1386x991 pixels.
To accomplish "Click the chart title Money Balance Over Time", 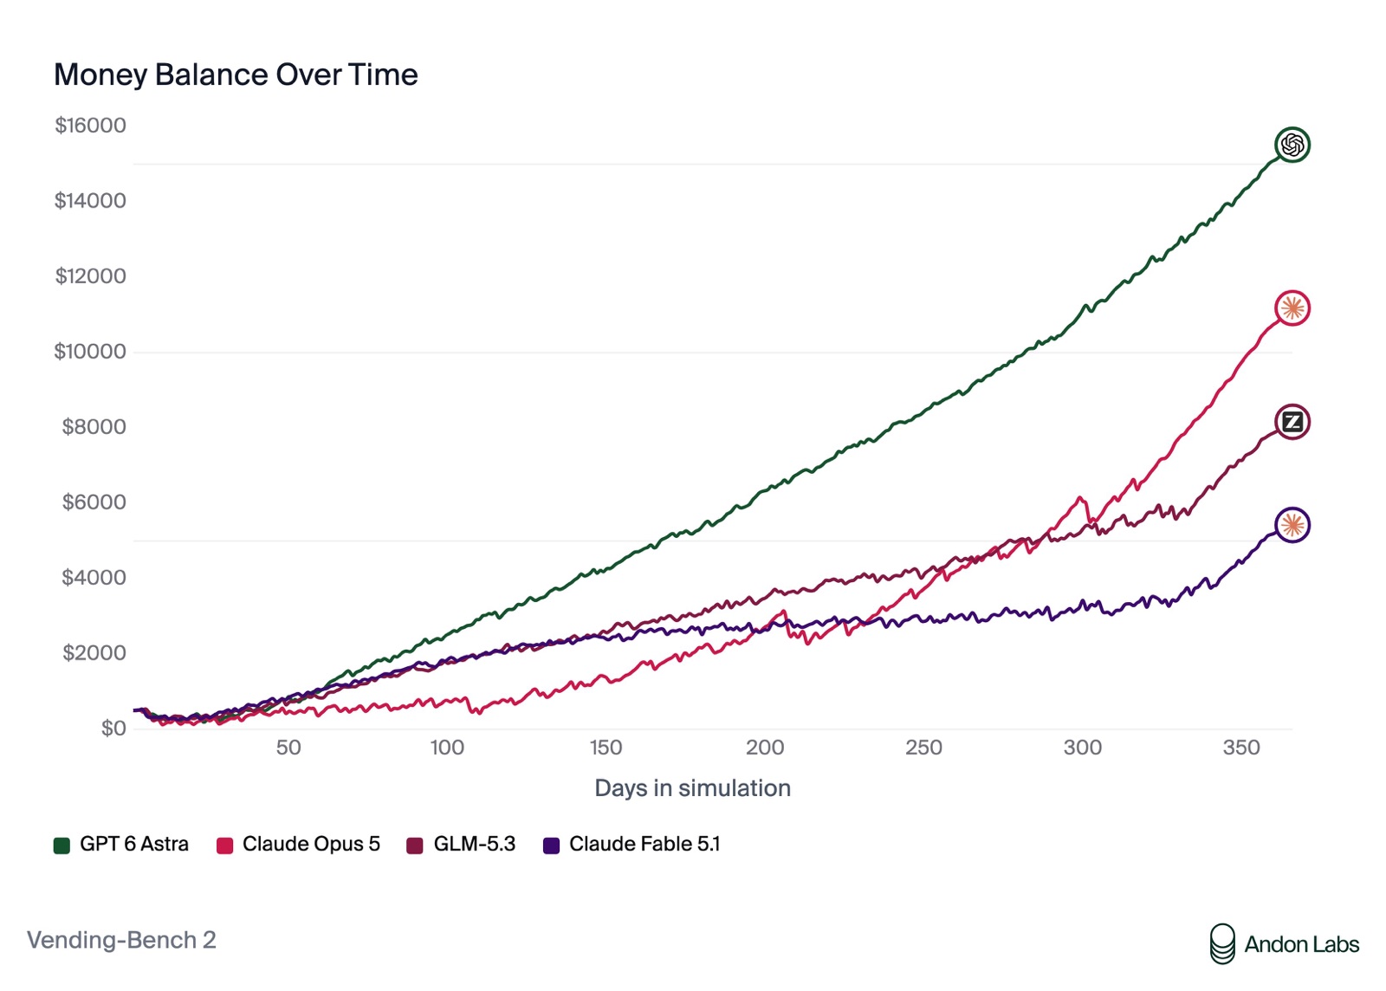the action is pos(236,74).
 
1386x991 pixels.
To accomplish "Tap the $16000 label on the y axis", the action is pos(90,126).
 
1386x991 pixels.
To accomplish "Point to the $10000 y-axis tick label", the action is pos(90,352).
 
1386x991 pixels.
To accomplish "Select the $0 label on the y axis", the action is pos(113,729).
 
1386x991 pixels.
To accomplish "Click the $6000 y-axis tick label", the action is pos(94,502).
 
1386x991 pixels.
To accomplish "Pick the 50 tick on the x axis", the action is pos(288,748).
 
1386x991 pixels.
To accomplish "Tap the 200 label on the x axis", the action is pos(765,748).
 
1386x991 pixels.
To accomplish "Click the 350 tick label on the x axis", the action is pos(1241,748).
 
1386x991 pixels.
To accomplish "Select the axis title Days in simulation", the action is pos(692,788).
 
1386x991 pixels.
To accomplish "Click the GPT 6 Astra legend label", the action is pos(134,844).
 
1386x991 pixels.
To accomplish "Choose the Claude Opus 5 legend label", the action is pos(311,844).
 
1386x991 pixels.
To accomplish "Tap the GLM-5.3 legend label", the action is pos(475,844).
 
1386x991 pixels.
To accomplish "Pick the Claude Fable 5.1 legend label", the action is pos(644,844).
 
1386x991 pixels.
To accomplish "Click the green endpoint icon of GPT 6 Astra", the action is pos(1292,145).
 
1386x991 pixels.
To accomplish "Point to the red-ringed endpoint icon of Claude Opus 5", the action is pos(1292,308).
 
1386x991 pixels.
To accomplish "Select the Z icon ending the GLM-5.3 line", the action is pos(1292,422).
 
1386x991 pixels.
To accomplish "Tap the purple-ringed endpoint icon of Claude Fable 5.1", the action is pos(1292,525).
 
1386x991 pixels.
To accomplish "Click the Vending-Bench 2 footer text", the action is pos(121,940).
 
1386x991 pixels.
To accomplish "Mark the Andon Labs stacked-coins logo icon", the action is pos(1222,944).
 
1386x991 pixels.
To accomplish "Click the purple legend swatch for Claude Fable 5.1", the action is pos(551,845).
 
